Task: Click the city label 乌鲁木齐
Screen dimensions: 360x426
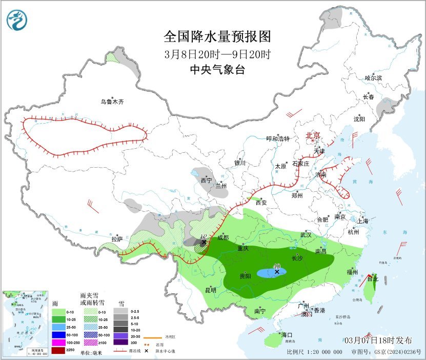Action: click(112, 102)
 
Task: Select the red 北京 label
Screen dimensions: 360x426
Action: click(313, 135)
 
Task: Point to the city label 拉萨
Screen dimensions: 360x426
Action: click(117, 238)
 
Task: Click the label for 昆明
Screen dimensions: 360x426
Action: click(210, 290)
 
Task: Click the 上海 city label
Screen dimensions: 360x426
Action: click(363, 222)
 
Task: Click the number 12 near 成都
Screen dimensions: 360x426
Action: click(204, 236)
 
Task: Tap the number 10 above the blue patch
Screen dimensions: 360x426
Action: click(277, 266)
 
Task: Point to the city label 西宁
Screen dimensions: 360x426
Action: click(206, 181)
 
